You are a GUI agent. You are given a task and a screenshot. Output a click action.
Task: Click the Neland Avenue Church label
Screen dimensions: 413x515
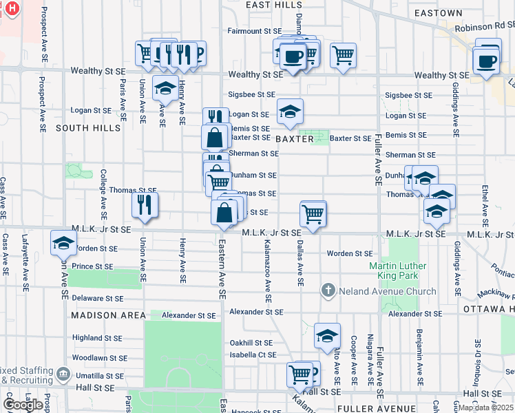point(388,291)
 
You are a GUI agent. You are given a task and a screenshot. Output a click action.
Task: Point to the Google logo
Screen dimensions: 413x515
point(23,404)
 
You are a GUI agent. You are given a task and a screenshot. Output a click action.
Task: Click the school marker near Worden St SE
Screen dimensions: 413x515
point(63,243)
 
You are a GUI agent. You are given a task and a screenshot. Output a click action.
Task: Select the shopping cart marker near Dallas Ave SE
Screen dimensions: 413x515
point(313,213)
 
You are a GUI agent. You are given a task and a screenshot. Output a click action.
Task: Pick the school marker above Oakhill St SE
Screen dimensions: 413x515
point(327,335)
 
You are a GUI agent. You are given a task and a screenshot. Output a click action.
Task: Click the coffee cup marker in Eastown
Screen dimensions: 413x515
point(486,61)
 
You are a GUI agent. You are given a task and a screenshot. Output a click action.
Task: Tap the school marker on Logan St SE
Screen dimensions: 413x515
point(291,112)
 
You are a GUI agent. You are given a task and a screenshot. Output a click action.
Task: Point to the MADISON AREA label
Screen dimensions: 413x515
point(108,315)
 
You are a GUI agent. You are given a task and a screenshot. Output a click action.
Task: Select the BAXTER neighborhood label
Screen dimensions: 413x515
point(295,139)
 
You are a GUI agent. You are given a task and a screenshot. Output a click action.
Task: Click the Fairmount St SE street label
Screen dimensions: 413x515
point(255,31)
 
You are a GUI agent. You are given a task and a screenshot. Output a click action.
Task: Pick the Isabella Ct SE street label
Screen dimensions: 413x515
point(253,355)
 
